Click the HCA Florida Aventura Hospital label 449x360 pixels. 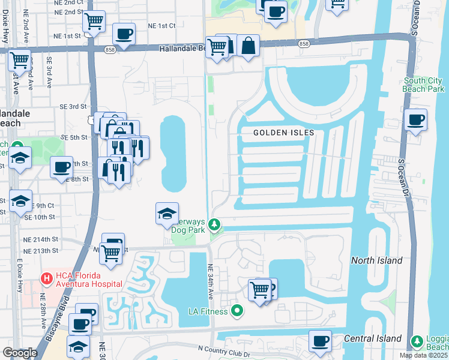(x=87, y=279)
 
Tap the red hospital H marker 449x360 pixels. (x=45, y=278)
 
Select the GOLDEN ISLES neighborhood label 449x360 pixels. (x=283, y=133)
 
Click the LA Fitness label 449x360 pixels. (x=208, y=311)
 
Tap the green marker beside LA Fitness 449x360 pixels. (x=237, y=311)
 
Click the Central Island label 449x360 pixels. (x=372, y=339)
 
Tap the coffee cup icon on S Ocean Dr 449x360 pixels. (x=415, y=119)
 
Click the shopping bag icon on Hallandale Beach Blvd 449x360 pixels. (x=248, y=46)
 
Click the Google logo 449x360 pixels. (x=20, y=352)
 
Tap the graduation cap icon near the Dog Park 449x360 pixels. (x=167, y=213)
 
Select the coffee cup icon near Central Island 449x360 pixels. (x=320, y=341)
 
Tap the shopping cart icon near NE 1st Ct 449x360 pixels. (x=94, y=22)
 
